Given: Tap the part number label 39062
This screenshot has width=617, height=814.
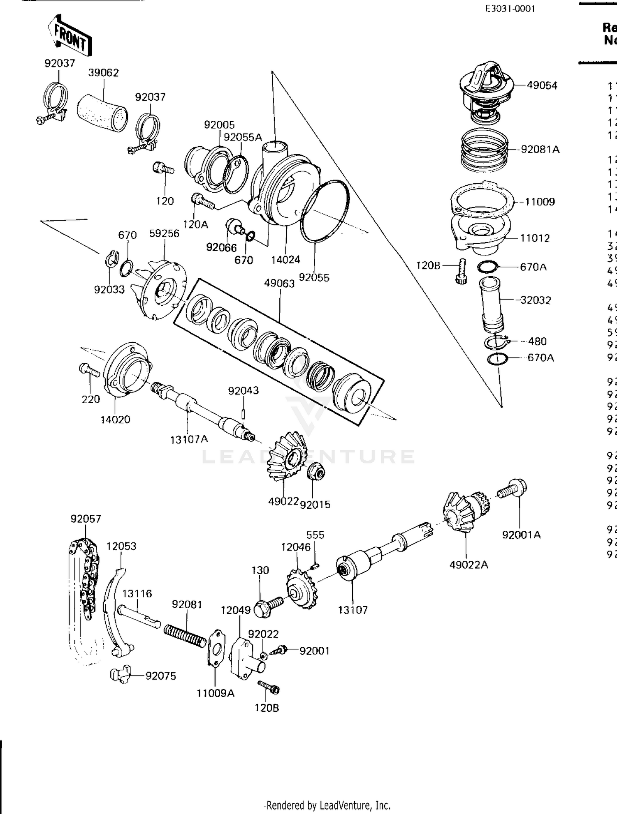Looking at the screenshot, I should click(x=103, y=73).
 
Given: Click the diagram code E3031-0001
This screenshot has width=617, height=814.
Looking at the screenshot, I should click(x=510, y=9).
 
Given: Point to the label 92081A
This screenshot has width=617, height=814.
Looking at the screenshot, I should click(x=540, y=150).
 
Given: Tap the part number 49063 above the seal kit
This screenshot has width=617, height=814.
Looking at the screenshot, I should click(x=279, y=284).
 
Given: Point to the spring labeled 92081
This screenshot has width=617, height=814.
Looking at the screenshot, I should click(x=185, y=635).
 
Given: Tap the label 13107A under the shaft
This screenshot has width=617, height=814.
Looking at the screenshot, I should click(x=189, y=439).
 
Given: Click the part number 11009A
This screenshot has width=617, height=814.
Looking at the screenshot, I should click(x=215, y=693).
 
